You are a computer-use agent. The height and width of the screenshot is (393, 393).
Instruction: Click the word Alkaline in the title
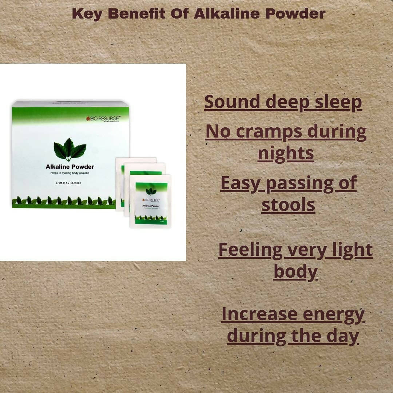226,14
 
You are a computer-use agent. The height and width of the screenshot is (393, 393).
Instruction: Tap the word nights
286,154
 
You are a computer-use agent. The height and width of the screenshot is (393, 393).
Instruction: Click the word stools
288,205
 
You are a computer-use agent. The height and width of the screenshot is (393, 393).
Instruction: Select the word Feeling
250,250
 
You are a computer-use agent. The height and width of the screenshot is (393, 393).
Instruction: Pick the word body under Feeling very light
295,272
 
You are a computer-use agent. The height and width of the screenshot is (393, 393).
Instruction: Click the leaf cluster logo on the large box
70,149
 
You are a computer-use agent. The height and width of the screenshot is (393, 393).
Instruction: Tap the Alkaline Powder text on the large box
70,167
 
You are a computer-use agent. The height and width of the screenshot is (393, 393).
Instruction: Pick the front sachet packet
151,201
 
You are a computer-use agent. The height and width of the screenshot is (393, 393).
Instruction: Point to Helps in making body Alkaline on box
70,173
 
